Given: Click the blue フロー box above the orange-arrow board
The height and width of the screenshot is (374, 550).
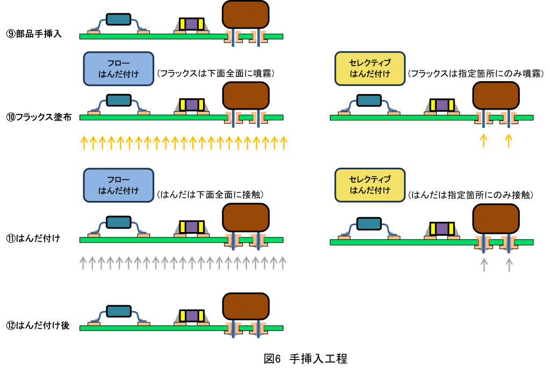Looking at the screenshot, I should click(119, 68).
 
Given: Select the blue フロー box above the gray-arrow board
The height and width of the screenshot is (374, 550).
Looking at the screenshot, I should click(119, 185).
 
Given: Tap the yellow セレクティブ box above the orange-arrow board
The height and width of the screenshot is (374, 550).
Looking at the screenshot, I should click(370, 68).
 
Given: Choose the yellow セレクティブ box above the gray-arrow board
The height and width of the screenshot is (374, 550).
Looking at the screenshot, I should click(370, 185).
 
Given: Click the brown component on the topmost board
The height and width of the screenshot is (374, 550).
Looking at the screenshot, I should click(245, 15).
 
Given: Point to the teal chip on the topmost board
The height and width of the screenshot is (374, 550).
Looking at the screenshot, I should click(118, 19).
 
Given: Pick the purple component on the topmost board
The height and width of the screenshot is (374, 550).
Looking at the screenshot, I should click(192, 24).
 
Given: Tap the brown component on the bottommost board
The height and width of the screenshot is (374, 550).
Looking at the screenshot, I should click(245, 306).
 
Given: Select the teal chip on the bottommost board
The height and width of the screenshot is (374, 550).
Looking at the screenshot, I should click(118, 311).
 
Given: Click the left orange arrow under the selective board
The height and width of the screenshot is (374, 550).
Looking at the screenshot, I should click(483, 140).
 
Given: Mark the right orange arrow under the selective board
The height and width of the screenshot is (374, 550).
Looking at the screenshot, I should click(509, 140).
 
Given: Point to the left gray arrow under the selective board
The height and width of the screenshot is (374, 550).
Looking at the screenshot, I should click(484, 264).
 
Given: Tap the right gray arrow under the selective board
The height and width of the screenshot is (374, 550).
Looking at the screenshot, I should click(509, 264).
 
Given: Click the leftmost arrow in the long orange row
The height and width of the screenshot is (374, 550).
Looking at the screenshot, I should click(84, 142).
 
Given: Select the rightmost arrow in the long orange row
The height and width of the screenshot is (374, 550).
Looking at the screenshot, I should click(284, 142).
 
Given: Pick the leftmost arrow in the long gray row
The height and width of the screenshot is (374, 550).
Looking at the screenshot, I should click(83, 262).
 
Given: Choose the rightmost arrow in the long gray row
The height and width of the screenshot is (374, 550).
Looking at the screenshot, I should click(283, 262).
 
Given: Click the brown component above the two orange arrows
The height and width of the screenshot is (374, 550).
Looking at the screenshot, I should click(496, 95).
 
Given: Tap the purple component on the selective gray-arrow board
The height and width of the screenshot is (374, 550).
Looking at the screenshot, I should click(442, 229).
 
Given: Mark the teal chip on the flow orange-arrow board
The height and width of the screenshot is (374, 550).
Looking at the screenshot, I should click(118, 100).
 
